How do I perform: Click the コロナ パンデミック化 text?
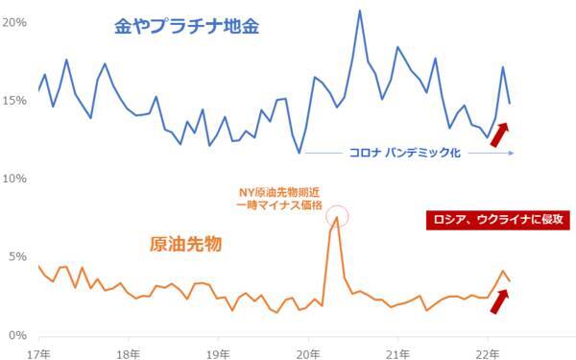pos(404,152)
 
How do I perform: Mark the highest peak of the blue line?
pos(359,11)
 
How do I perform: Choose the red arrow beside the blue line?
pos(499,134)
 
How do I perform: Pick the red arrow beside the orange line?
pos(499,300)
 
